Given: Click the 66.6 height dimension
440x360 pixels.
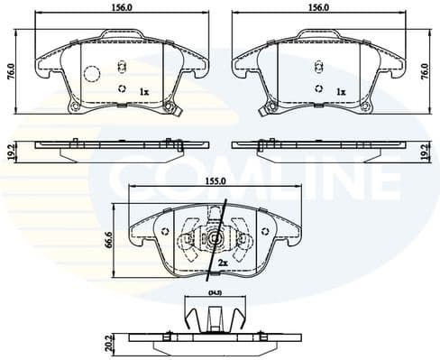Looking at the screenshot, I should pos(109,238).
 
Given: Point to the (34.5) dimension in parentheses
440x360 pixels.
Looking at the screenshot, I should pos(214,294).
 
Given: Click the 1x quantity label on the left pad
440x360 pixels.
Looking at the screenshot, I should pos(143,92).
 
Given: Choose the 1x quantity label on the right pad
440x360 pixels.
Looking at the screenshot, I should pos(341,92).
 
